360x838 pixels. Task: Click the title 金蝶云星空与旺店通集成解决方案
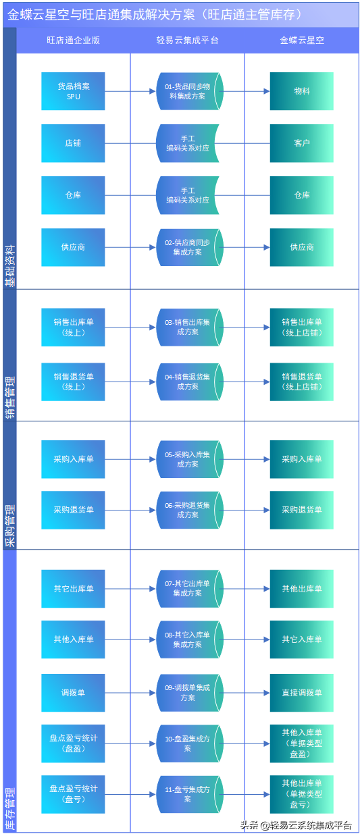click(155, 14)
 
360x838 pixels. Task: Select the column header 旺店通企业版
click(73, 41)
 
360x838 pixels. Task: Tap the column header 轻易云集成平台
click(187, 41)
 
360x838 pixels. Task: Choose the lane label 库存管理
click(9, 808)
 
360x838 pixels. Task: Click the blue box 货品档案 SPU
click(73, 91)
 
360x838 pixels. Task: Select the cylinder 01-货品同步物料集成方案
click(188, 91)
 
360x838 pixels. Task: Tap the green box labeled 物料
click(302, 91)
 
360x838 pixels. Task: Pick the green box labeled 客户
click(302, 143)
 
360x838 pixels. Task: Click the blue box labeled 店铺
click(73, 143)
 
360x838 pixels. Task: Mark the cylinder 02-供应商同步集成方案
click(188, 247)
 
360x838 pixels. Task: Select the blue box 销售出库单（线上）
click(73, 328)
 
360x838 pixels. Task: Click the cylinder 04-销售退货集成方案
click(188, 382)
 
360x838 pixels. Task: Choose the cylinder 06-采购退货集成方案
click(188, 510)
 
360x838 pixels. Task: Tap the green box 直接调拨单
click(302, 693)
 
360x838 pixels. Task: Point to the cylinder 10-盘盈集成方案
click(188, 743)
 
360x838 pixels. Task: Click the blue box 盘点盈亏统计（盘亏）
click(73, 794)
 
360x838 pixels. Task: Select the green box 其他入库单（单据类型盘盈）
click(302, 743)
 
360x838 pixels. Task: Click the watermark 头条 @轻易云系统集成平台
click(296, 825)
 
